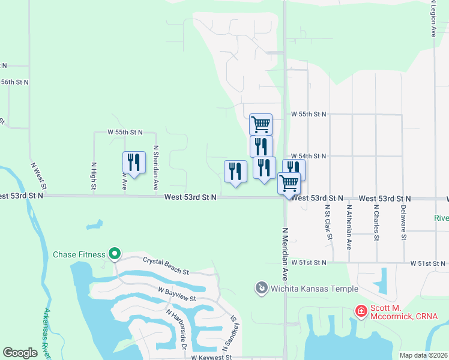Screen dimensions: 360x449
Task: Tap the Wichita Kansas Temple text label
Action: (314, 289)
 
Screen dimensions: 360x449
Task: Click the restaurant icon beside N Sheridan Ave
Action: (134, 163)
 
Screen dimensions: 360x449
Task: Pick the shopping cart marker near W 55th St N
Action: (261, 125)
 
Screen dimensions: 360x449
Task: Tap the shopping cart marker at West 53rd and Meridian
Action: (289, 183)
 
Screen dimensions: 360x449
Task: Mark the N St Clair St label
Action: (328, 223)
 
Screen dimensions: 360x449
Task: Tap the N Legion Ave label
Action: (432, 19)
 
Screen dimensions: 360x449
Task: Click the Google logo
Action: (20, 353)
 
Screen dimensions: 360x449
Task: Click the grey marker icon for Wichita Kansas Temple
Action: (261, 289)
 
